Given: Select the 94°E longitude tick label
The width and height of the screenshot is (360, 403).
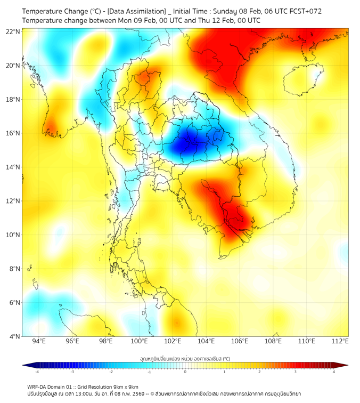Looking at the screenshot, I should [39, 342].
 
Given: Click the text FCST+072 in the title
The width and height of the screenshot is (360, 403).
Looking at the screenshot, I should [305, 11].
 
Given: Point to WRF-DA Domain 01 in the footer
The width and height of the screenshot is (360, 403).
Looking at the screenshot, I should [51, 386].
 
